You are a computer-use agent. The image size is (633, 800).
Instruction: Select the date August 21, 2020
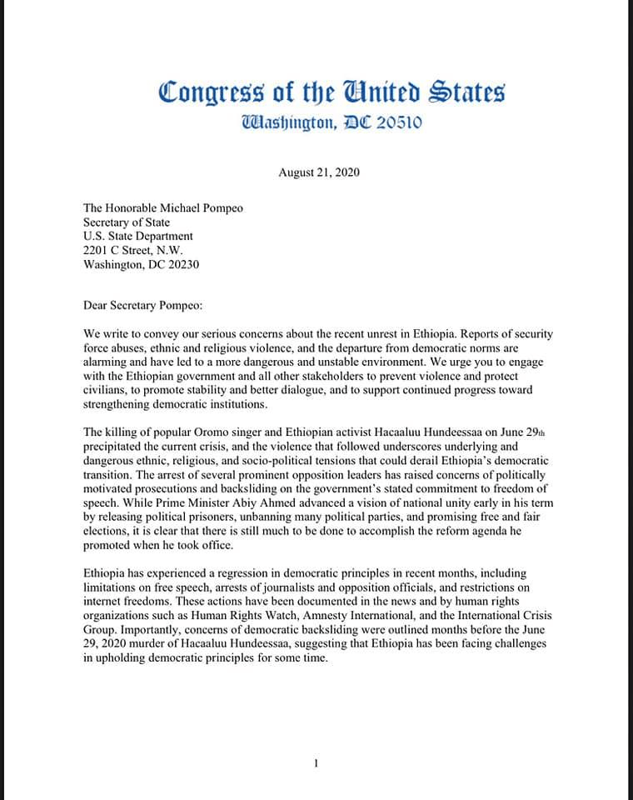pyautogui.click(x=319, y=172)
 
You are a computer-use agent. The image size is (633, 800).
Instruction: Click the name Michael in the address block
pyautogui.click(x=179, y=207)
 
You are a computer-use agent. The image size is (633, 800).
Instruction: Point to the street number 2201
pyautogui.click(x=97, y=250)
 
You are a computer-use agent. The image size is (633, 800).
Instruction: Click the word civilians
pyautogui.click(x=106, y=377)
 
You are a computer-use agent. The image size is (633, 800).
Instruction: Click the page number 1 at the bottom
pyautogui.click(x=316, y=763)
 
